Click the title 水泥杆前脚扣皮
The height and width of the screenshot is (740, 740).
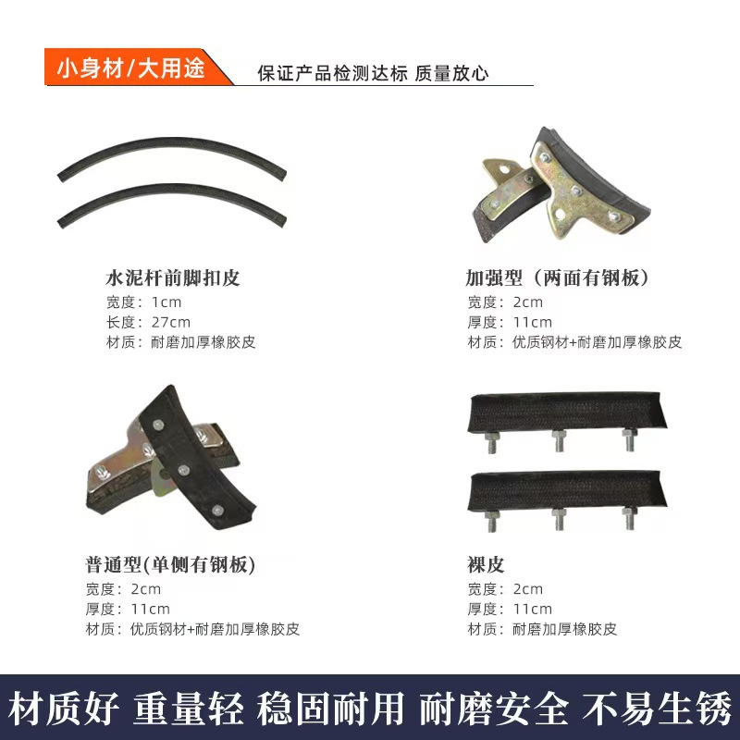pyautogui.click(x=173, y=277)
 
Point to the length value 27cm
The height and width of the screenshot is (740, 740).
pyautogui.click(x=170, y=322)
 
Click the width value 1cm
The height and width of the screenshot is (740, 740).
pyautogui.click(x=166, y=302)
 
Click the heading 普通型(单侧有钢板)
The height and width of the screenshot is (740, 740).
pyautogui.click(x=169, y=564)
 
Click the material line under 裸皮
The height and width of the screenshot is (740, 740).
pyautogui.click(x=542, y=629)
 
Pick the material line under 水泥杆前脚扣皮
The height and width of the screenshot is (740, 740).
pyautogui.click(x=180, y=342)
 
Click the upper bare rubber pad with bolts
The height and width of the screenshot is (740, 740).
pyautogui.click(x=566, y=411)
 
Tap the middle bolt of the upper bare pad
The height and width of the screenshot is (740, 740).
pyautogui.click(x=560, y=440)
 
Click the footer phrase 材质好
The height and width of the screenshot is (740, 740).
pyautogui.click(x=65, y=708)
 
